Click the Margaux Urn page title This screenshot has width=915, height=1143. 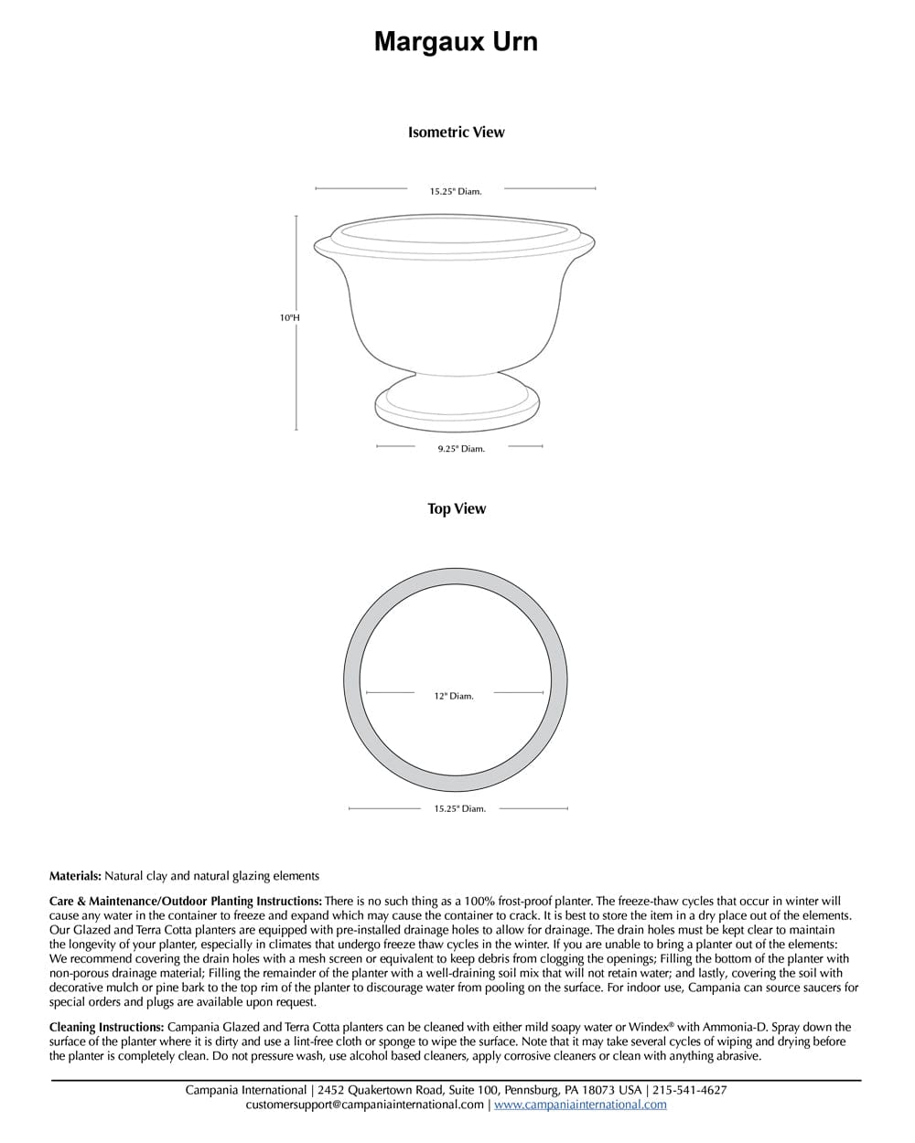456,42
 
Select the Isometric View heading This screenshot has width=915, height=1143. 456,132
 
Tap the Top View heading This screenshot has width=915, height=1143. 457,508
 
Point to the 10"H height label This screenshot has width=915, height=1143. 290,317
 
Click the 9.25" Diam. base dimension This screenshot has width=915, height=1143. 460,448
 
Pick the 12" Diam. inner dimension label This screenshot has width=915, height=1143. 454,696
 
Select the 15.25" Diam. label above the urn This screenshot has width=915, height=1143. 456,191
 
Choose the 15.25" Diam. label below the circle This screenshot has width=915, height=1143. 459,808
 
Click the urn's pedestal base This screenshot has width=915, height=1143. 457,405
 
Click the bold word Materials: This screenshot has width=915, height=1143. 75,876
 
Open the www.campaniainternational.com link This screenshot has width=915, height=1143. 580,1105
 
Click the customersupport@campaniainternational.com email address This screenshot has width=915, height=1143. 365,1105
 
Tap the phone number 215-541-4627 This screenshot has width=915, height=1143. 690,1090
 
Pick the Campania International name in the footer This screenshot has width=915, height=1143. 245,1090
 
